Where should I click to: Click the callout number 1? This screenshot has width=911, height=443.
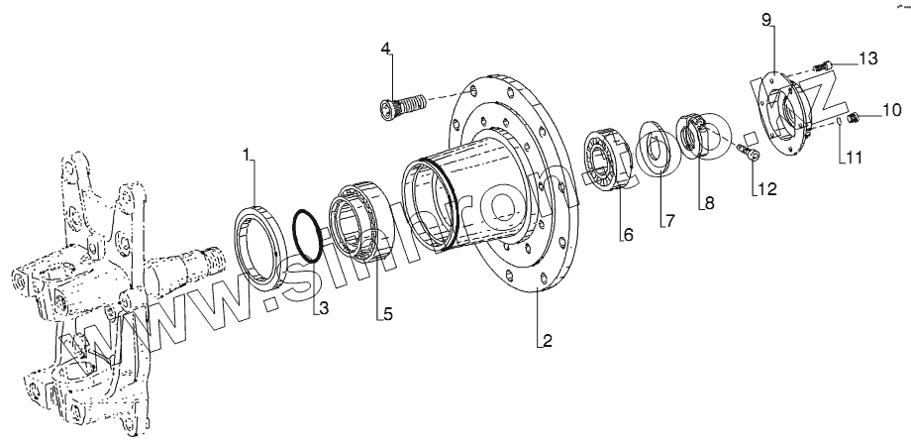coord(249,154)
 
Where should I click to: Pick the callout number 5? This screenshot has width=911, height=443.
coord(388,315)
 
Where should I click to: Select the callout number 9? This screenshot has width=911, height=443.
coord(766,20)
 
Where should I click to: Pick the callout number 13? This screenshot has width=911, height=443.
coord(867,59)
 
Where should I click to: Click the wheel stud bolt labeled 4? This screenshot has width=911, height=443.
coord(401,103)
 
